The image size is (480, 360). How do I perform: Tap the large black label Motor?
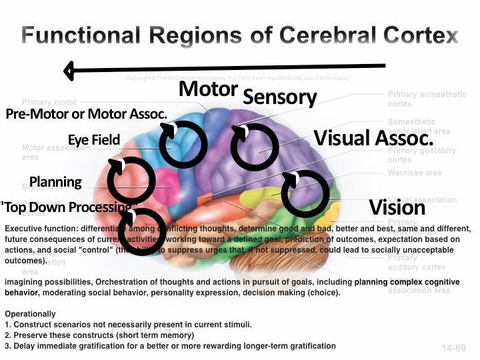point(209,89)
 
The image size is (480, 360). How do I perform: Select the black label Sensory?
point(279,97)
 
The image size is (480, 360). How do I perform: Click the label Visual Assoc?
point(373,138)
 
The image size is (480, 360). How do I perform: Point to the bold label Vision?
point(397,207)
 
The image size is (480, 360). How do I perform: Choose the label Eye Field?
point(94,139)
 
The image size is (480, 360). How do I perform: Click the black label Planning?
point(56,182)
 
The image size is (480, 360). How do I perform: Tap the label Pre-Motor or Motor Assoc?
point(86,114)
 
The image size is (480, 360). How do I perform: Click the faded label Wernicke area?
point(415,173)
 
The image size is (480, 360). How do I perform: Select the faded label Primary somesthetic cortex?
point(427,99)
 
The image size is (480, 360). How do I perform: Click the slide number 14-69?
point(453,348)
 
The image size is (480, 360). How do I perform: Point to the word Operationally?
point(31,314)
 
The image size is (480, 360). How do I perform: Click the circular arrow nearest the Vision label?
point(305,193)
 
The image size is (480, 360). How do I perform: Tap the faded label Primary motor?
point(49,103)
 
